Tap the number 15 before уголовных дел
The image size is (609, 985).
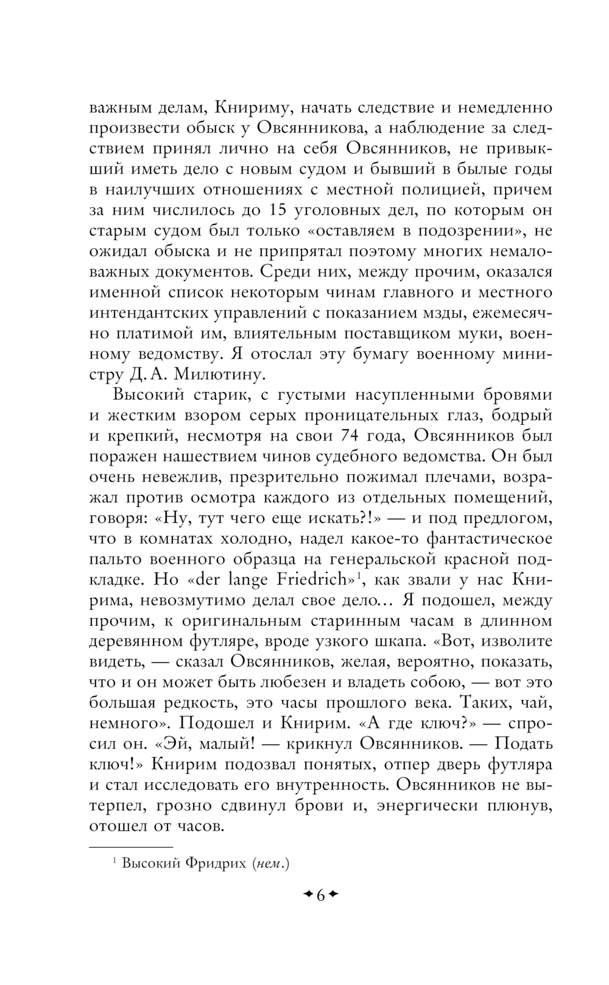[277, 210]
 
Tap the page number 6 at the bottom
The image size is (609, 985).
[320, 895]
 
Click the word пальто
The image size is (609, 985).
[116, 559]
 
